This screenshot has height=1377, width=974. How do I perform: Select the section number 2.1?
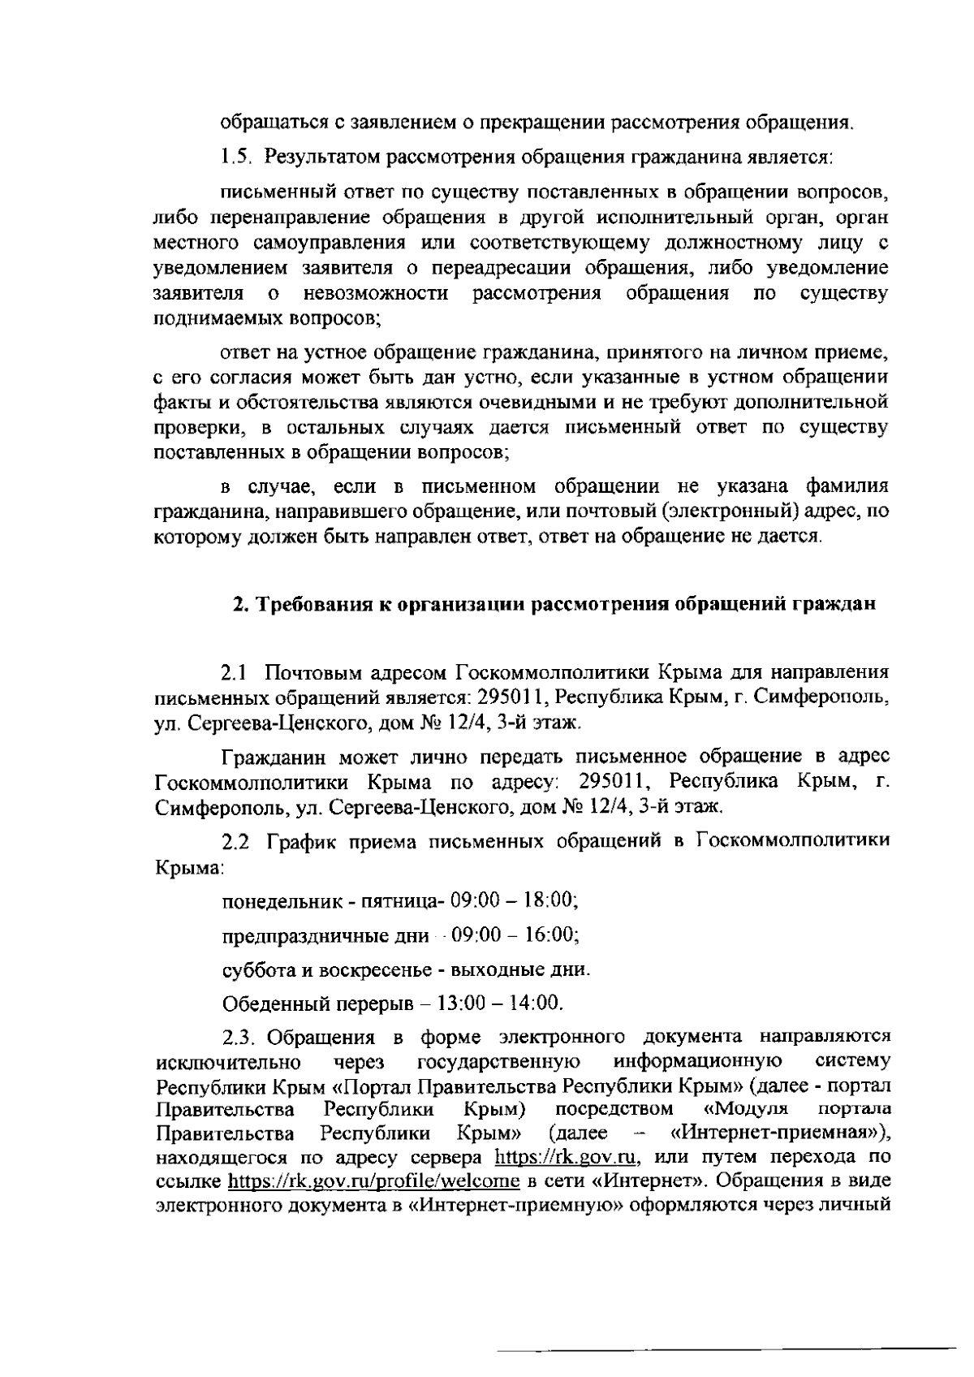point(235,673)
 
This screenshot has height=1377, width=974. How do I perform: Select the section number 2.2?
point(236,843)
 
